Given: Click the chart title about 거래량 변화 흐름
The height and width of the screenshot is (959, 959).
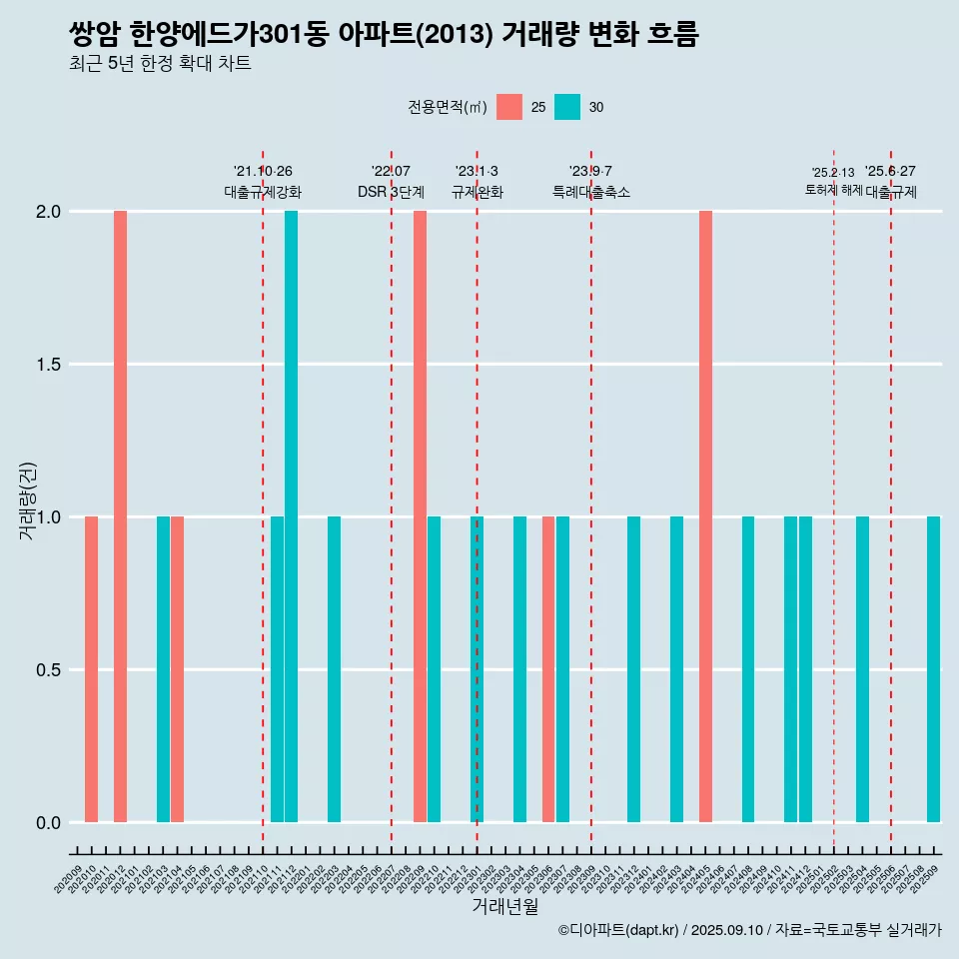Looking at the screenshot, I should (x=384, y=35).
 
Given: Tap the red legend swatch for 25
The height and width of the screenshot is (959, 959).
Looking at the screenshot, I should (x=509, y=107).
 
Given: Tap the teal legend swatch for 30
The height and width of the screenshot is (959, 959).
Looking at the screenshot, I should (x=567, y=107).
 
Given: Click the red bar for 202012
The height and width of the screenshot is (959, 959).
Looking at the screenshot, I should (x=120, y=516).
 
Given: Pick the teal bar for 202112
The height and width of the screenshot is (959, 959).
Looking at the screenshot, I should (x=291, y=516).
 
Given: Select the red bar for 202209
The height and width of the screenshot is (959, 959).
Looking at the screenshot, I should (x=420, y=516).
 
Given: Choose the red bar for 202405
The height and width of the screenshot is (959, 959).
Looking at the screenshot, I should (x=705, y=516).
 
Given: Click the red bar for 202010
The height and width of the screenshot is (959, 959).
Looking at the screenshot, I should (x=91, y=669).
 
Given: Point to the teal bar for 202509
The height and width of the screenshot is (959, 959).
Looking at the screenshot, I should (x=933, y=669).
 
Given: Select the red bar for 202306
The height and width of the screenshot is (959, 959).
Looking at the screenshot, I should (x=548, y=669).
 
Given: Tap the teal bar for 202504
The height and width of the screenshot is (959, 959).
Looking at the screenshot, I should (x=862, y=669).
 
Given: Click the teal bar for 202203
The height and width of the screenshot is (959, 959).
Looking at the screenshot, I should (x=334, y=669).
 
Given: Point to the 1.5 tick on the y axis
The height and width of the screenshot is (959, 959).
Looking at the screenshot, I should (x=47, y=365).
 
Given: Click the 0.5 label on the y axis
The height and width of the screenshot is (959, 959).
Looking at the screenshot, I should (x=47, y=670).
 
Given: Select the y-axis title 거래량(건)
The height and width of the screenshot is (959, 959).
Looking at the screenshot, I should (x=27, y=499).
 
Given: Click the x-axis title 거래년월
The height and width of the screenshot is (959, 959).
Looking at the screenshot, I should (x=504, y=906).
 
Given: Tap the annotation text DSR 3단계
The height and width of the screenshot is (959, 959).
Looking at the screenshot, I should (x=391, y=192).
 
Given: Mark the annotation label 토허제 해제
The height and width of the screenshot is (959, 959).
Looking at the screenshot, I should (x=833, y=190).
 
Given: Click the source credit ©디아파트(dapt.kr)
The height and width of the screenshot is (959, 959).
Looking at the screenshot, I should (x=618, y=930).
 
